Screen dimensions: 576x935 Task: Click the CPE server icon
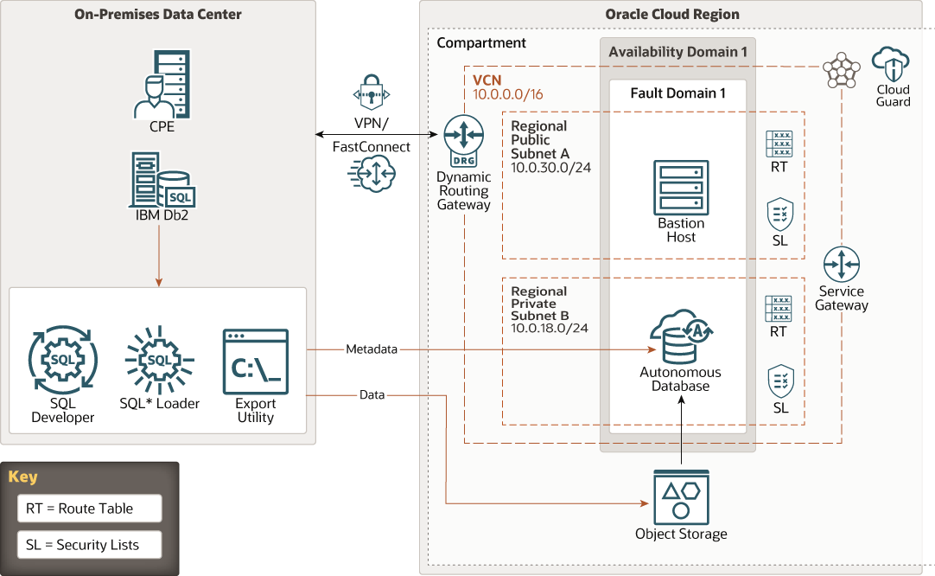coord(160,84)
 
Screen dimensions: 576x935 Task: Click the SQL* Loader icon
coord(159,360)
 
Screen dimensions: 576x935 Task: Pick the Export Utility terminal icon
coord(255,362)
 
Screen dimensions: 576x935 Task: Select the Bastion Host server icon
coord(681,185)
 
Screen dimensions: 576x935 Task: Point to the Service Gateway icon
coord(842,264)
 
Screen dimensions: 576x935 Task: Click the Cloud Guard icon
coord(893,65)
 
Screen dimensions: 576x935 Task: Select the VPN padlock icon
coord(372,93)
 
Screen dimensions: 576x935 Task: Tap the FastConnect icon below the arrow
coord(372,175)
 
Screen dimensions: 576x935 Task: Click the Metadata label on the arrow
coord(372,349)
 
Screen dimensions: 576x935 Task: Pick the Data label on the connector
coord(372,395)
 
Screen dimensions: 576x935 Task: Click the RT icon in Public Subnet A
coord(779,144)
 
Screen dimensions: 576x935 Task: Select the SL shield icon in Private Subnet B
coord(780,381)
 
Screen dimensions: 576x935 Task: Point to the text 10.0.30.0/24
coord(550,167)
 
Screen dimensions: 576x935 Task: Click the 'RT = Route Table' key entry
coord(89,509)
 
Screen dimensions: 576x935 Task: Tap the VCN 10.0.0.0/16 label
coord(507,87)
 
